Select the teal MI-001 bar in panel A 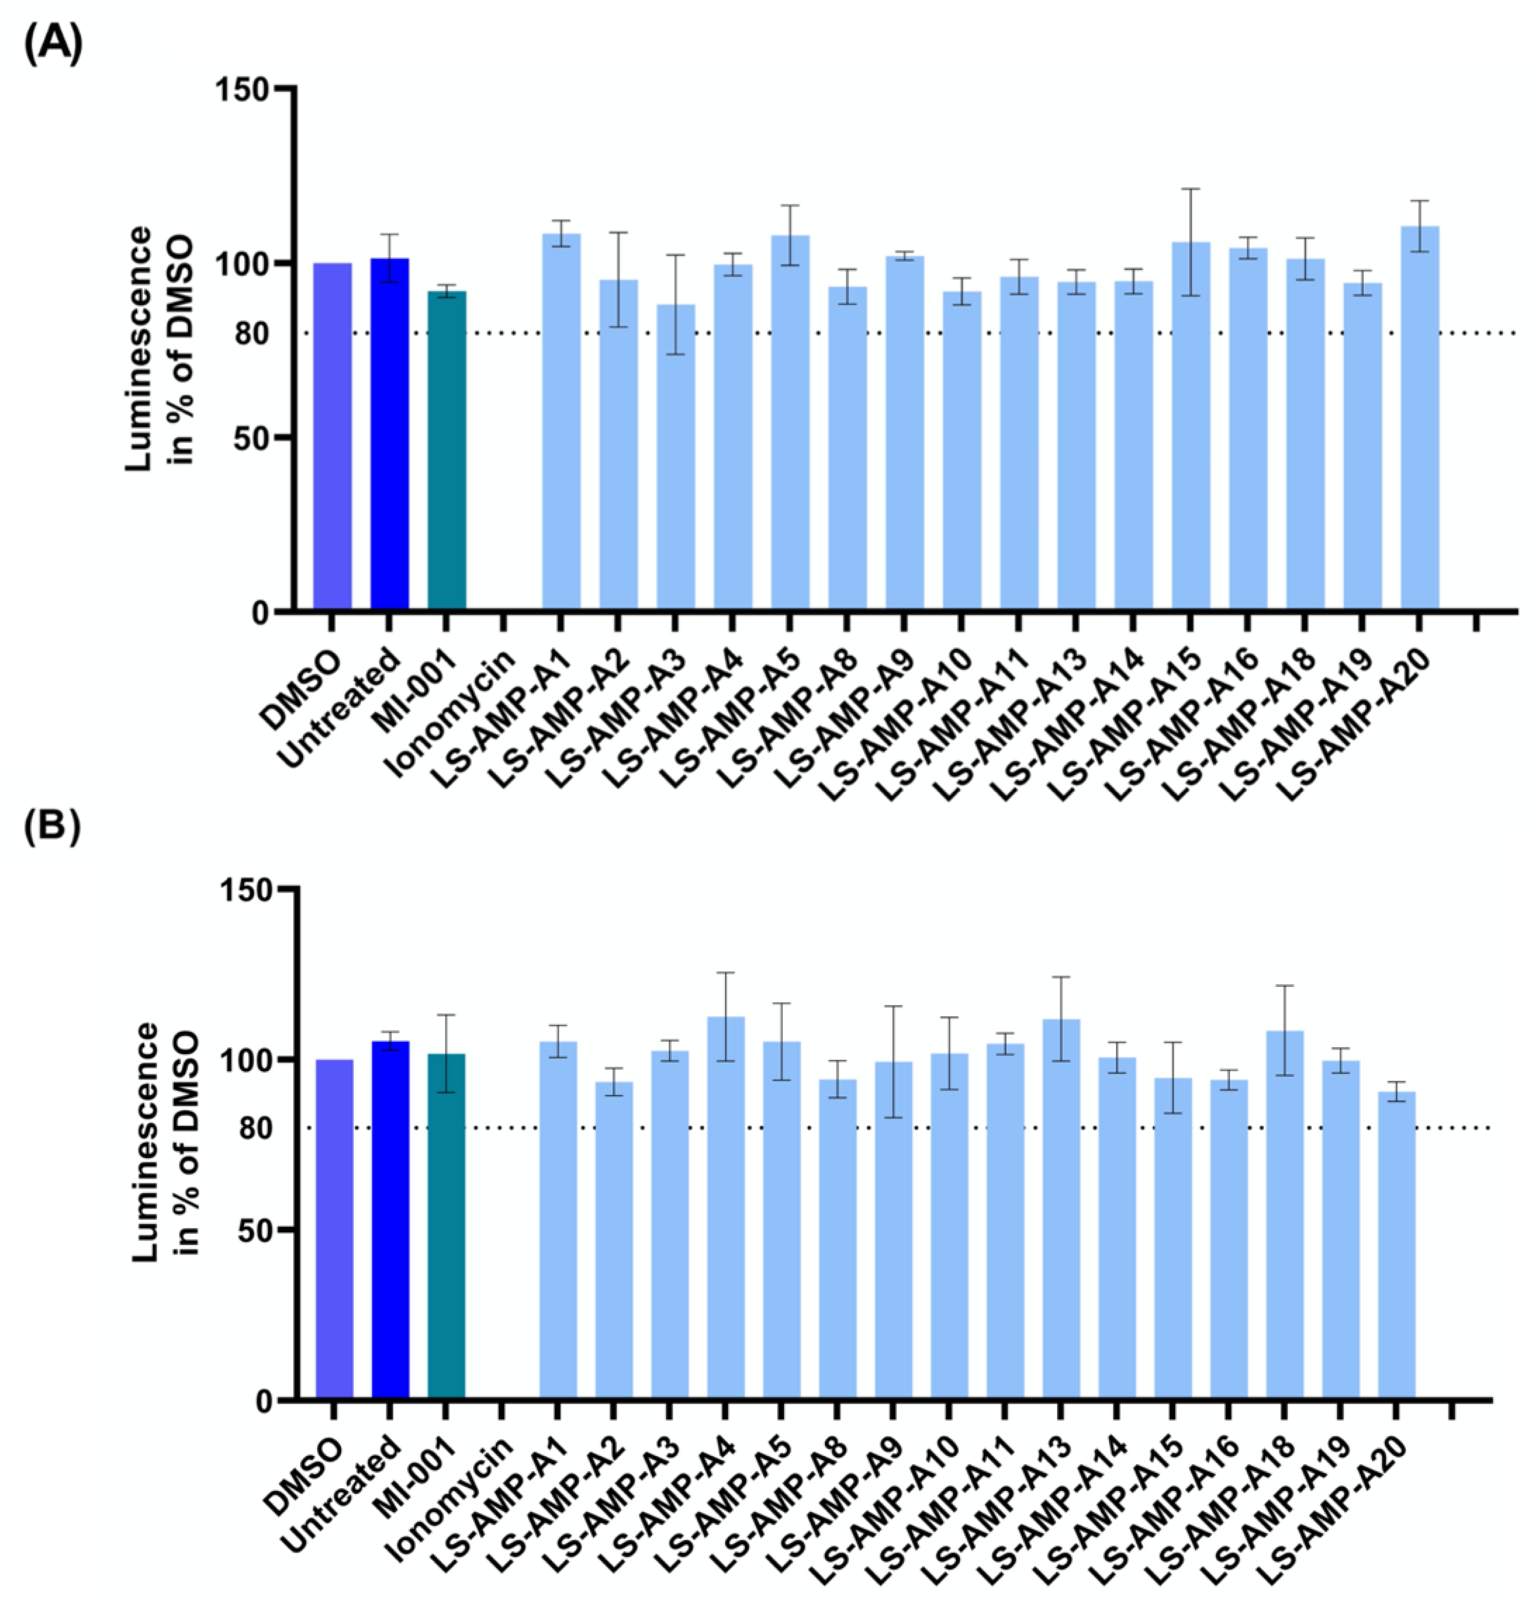coord(446,450)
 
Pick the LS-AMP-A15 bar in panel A coord(1190,425)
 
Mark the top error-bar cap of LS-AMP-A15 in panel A coord(1190,189)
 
